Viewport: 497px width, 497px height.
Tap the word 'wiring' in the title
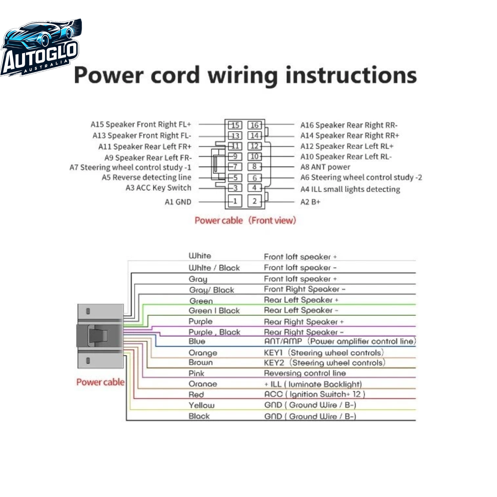point(242,76)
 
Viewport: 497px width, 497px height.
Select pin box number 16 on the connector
point(254,125)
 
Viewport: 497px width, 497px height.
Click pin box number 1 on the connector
point(235,201)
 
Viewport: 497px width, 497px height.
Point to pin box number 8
point(254,166)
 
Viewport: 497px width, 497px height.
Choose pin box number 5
point(235,178)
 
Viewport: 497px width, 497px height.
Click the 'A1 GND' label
point(178,202)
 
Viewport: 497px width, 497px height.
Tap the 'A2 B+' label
point(310,202)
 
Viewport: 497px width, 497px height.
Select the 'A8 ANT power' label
point(325,167)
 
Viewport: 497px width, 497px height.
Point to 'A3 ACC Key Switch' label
point(158,188)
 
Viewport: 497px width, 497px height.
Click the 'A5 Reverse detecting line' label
point(147,177)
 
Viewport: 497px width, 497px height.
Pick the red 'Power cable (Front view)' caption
point(245,220)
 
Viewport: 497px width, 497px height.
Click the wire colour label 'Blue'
point(197,341)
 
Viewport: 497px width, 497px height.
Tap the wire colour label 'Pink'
point(196,373)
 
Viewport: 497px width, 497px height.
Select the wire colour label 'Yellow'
point(202,405)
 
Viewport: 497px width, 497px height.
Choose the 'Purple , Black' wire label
point(214,332)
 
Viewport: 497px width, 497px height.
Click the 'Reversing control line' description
point(305,373)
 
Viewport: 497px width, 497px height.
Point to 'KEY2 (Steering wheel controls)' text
point(325,363)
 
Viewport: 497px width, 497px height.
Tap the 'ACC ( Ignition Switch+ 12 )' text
point(315,394)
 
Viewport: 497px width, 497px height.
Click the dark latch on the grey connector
point(98,335)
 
